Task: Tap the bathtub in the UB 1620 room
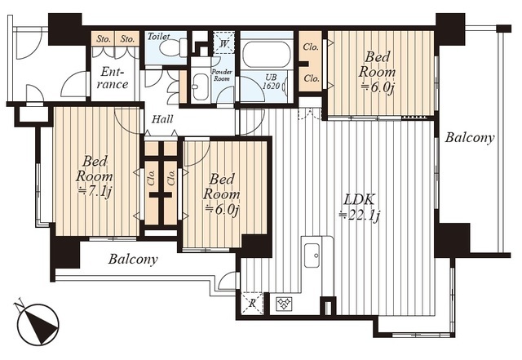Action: [266, 55]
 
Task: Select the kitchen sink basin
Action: [312, 255]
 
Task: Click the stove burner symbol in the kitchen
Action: [284, 304]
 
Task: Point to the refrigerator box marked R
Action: [252, 303]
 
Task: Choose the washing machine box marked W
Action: [223, 42]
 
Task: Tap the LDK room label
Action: [359, 200]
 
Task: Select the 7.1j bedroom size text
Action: [95, 192]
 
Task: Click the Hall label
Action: [162, 119]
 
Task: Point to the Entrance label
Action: [113, 78]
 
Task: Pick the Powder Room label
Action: [222, 75]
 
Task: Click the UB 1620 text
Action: [270, 82]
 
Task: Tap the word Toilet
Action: [159, 36]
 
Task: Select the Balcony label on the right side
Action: [470, 138]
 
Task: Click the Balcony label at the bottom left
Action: [133, 259]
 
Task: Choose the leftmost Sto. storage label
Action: [104, 39]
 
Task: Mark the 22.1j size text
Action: [360, 216]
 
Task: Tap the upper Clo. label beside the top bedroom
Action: [312, 47]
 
